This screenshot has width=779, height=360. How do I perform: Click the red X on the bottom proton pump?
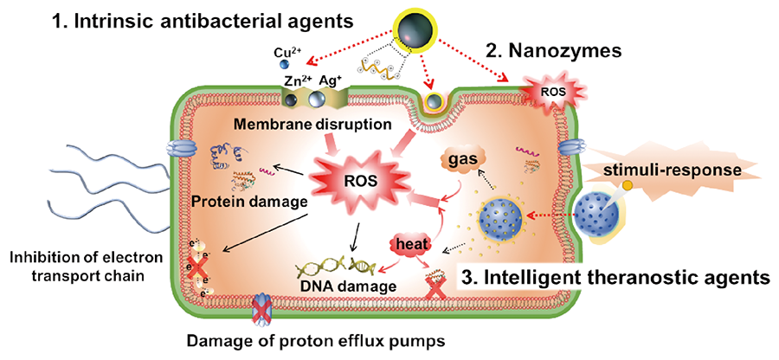click(x=261, y=309)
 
